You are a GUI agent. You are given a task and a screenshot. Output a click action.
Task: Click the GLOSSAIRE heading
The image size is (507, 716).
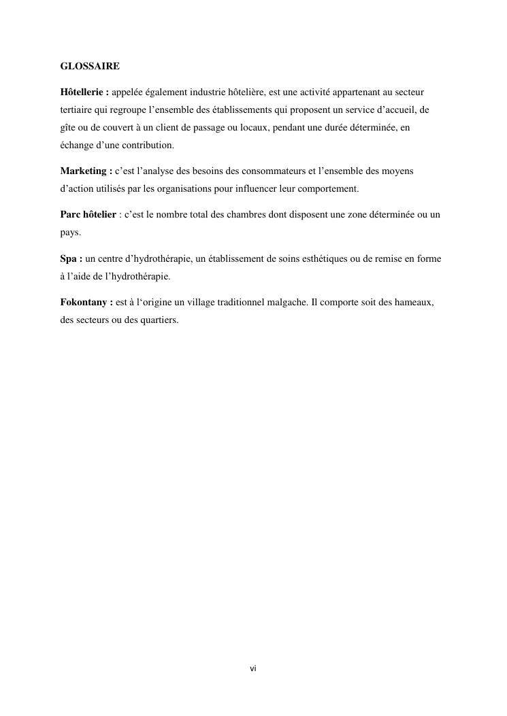click(90, 66)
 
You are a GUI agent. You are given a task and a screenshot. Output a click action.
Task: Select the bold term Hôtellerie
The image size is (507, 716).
click(82, 91)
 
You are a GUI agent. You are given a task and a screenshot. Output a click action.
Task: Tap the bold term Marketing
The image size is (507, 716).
click(84, 171)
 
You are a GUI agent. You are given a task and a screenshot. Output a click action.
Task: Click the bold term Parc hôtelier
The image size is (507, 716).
click(88, 215)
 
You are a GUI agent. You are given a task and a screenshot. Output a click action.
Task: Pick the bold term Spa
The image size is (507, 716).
click(69, 259)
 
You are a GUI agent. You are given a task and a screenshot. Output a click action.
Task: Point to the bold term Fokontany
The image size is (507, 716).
click(84, 303)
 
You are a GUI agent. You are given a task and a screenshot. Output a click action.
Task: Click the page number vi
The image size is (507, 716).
click(253, 669)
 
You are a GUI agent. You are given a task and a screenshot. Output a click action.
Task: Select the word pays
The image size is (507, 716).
click(69, 233)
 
